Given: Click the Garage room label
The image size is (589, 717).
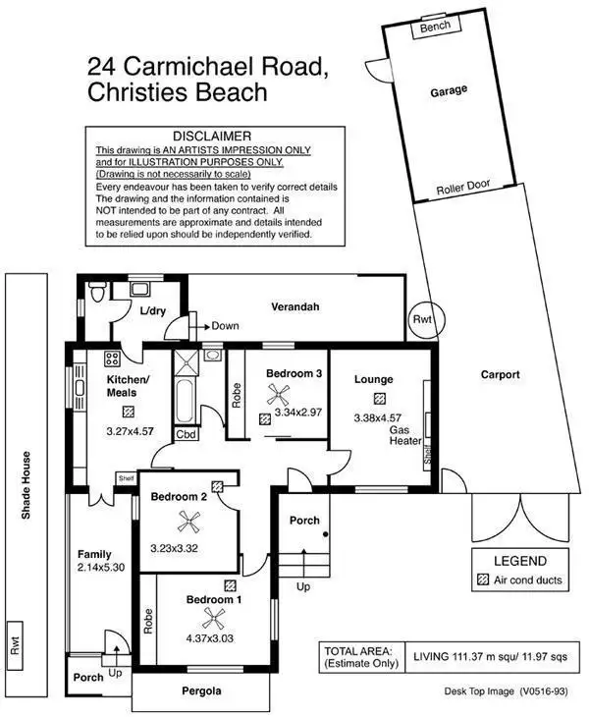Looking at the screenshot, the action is click(x=449, y=90).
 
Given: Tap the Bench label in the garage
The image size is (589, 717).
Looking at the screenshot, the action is click(x=435, y=28).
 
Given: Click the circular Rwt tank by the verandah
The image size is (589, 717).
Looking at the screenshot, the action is click(x=423, y=318).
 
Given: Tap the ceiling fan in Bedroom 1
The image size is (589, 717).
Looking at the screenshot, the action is click(x=213, y=619).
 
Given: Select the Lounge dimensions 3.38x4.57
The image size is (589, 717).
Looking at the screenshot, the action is click(x=378, y=416).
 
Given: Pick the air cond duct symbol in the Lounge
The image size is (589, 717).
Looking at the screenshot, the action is click(x=379, y=397).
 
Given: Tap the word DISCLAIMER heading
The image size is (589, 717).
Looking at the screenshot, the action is click(x=212, y=135).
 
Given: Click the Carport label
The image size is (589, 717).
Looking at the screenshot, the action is click(x=500, y=374).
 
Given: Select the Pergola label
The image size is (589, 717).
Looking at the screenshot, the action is click(x=201, y=691).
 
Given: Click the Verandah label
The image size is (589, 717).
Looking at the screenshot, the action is click(x=295, y=307).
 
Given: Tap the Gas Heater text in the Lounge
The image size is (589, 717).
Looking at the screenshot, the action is click(x=404, y=435).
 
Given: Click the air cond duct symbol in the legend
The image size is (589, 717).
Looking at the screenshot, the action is click(x=481, y=580).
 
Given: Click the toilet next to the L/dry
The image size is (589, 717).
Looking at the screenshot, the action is click(x=95, y=294).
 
